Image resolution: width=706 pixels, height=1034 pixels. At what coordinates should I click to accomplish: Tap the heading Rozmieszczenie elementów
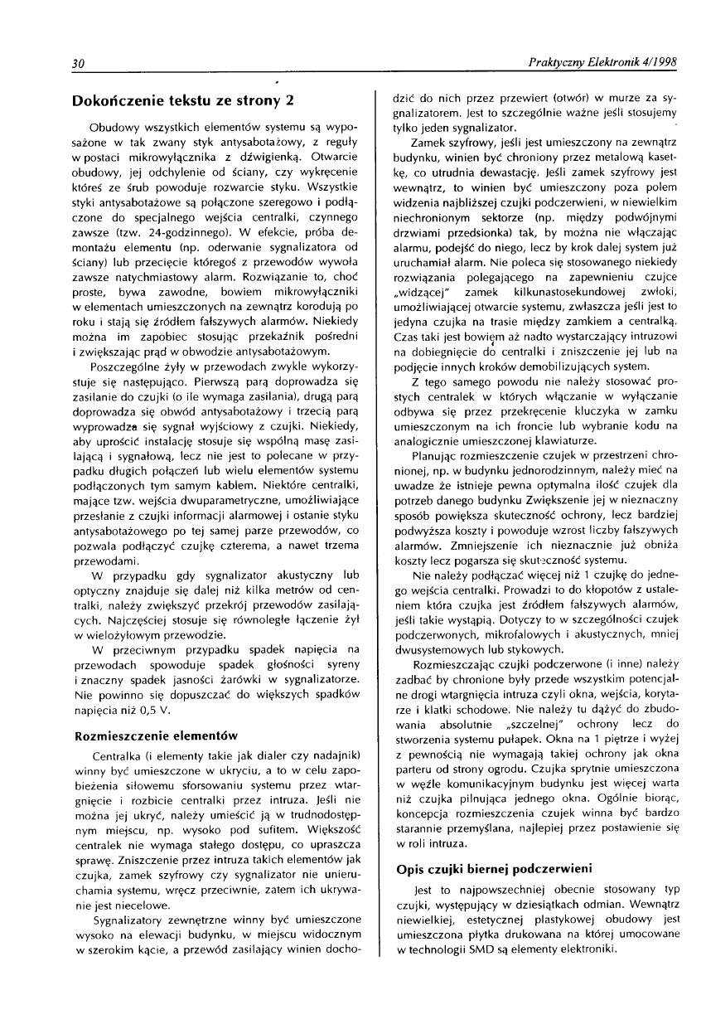pyautogui.click(x=156, y=712)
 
